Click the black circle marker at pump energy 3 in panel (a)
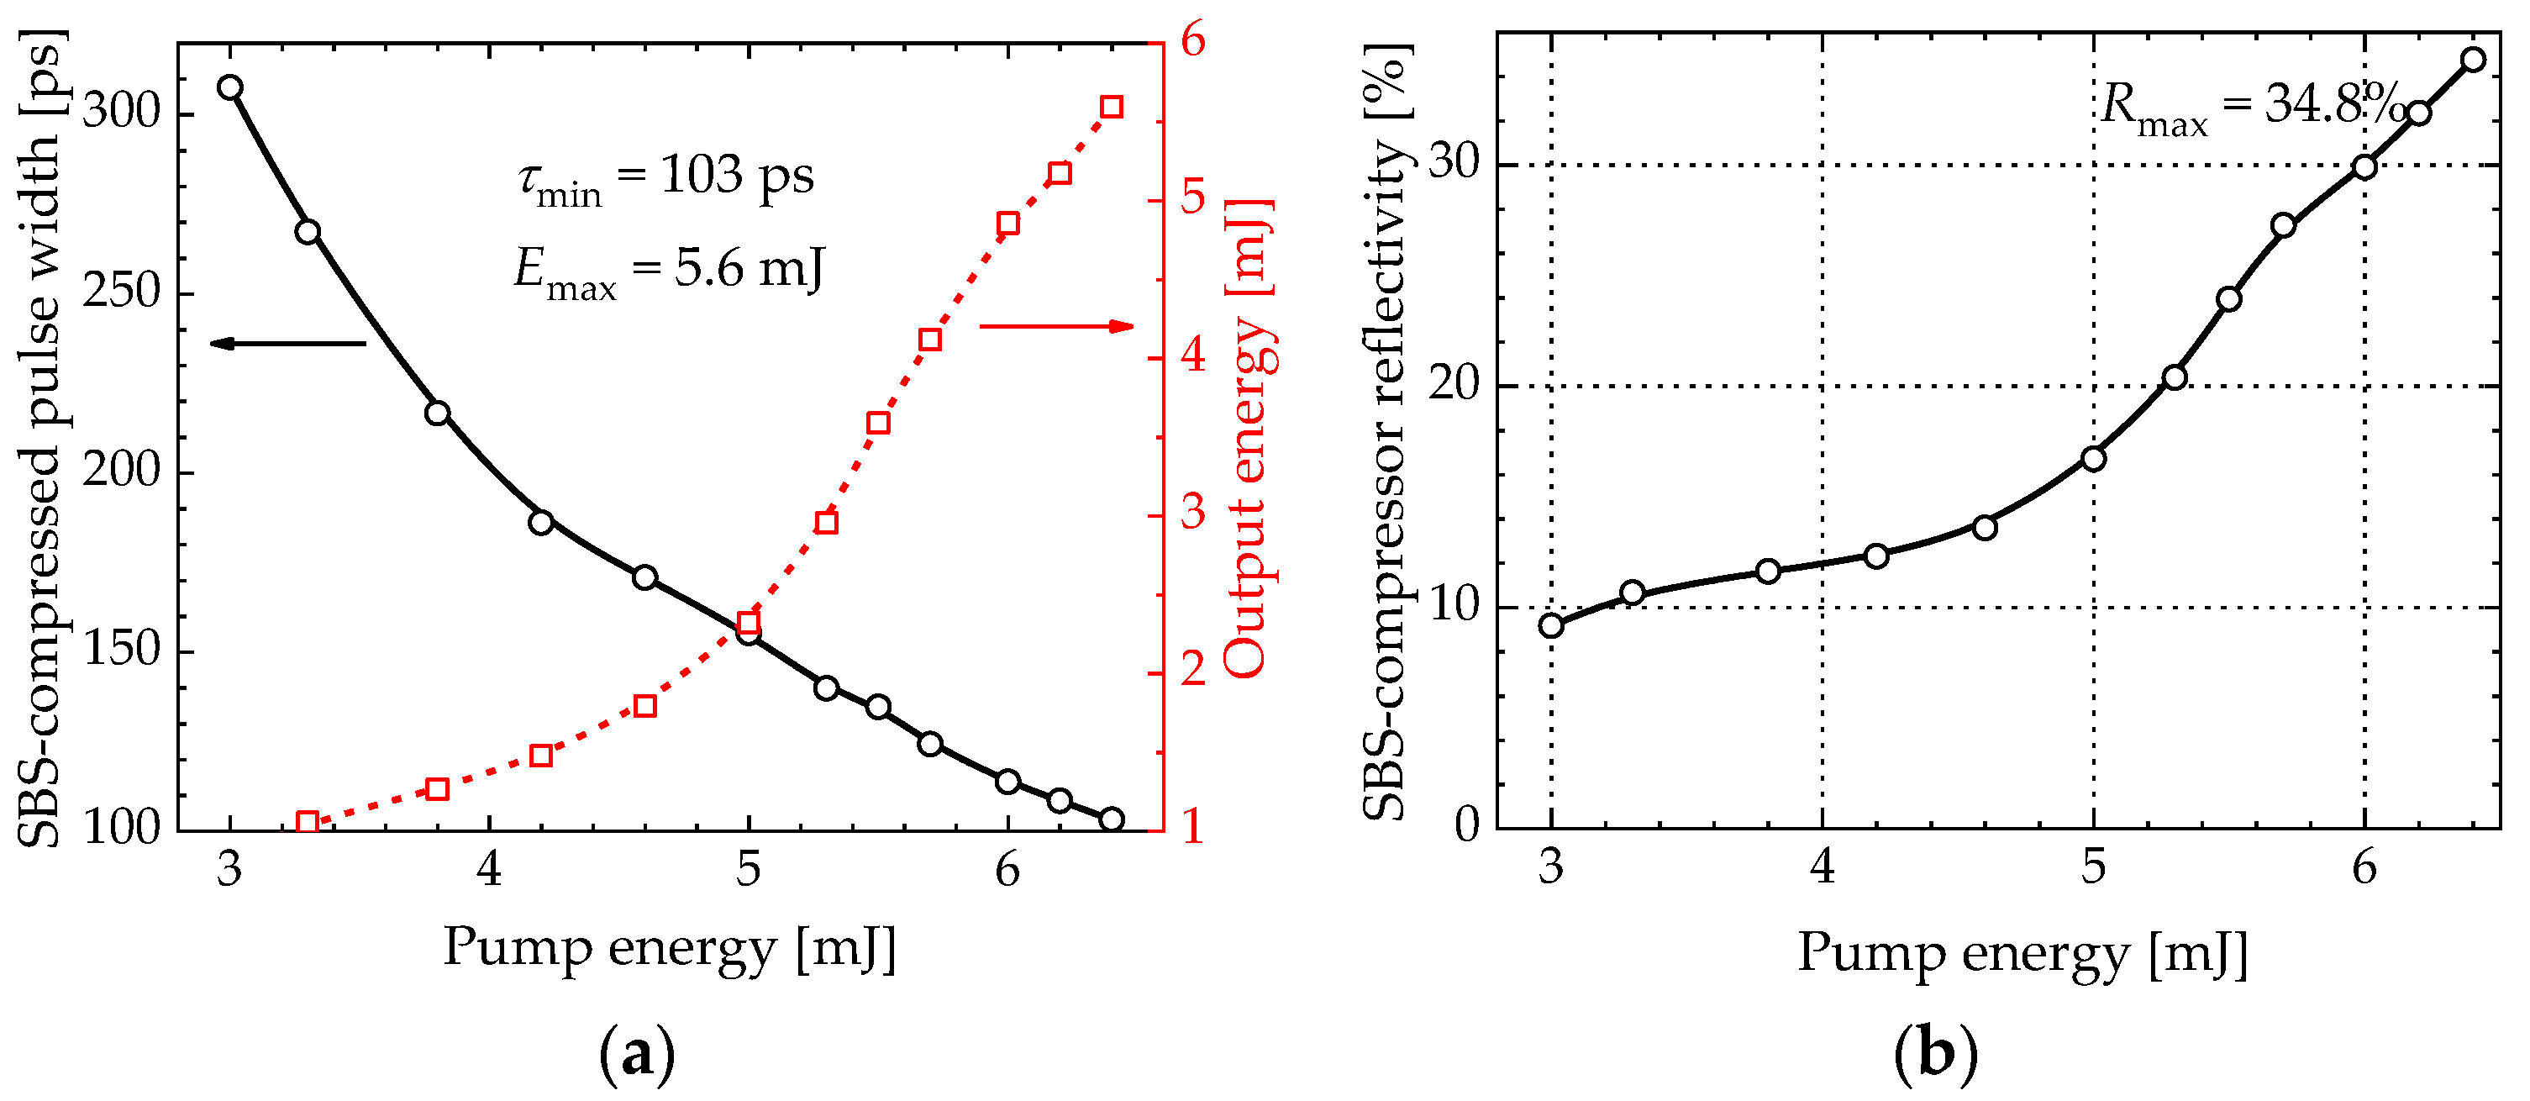tap(230, 87)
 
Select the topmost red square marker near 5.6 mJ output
tap(1111, 107)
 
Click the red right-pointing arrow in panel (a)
tap(1057, 326)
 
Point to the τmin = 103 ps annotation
tap(665, 178)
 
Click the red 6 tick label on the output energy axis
tap(1192, 41)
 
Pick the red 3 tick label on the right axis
tap(1192, 513)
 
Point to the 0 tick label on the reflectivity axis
tap(1466, 825)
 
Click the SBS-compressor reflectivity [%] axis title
tap(1386, 432)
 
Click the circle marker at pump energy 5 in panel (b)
tap(2093, 459)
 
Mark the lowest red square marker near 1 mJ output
tap(308, 822)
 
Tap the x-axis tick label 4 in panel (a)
tap(489, 870)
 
